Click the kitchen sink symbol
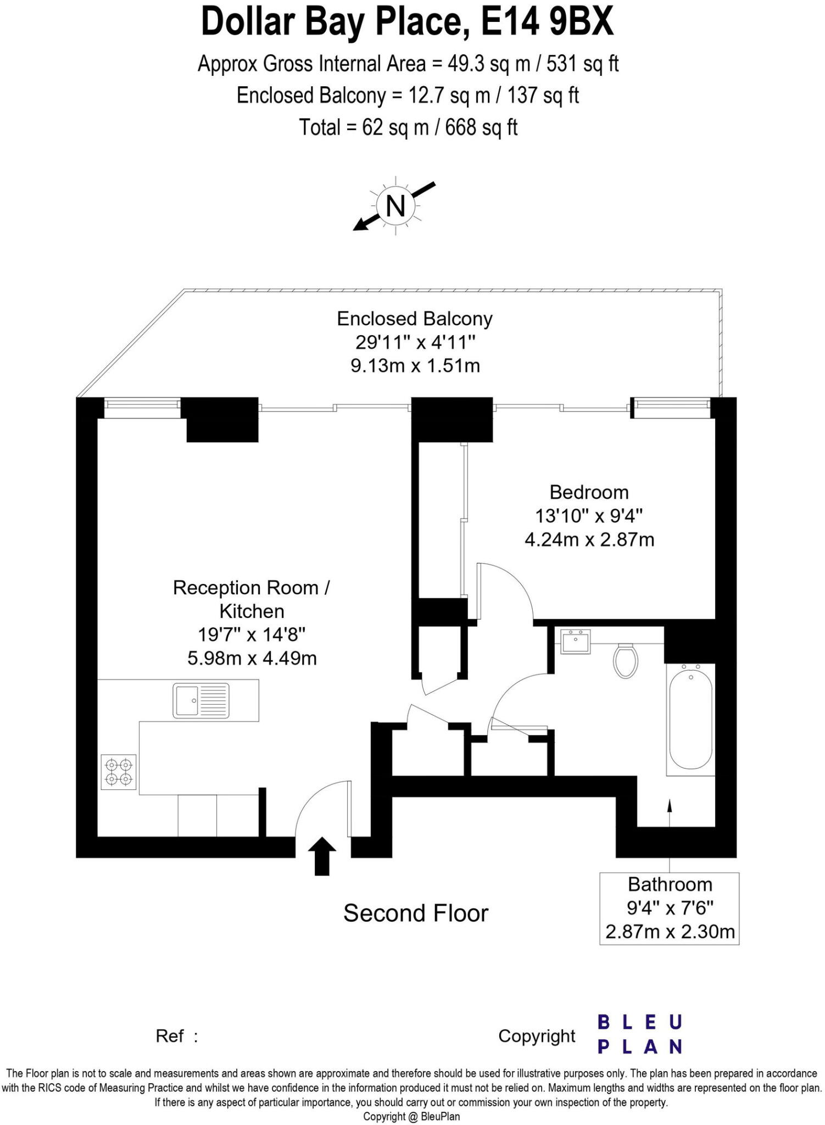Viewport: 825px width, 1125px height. tap(201, 700)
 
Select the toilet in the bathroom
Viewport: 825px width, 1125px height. tap(625, 661)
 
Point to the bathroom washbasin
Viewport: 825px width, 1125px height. tap(575, 642)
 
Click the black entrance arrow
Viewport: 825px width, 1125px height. tap(322, 855)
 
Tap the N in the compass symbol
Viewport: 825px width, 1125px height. tap(395, 206)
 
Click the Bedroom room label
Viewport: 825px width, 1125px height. tap(589, 492)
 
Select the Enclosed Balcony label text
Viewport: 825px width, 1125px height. tap(415, 319)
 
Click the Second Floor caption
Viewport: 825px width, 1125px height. tap(416, 913)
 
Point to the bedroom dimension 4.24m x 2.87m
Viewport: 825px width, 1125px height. tap(589, 539)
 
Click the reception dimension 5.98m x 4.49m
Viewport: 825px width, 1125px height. tap(252, 658)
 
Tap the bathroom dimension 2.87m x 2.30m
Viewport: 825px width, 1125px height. tap(670, 932)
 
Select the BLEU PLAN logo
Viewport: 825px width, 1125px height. tap(640, 1034)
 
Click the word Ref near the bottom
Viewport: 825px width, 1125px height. tap(170, 1036)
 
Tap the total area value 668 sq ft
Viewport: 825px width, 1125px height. tap(481, 127)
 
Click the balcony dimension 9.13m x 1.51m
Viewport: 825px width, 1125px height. tap(415, 365)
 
